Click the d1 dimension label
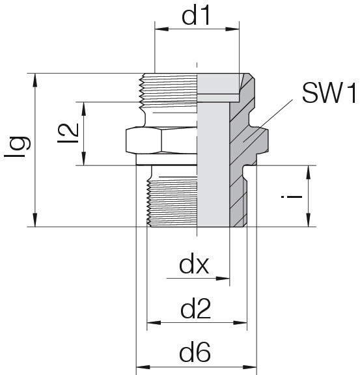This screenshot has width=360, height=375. tap(196, 16)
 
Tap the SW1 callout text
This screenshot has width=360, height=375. tap(329, 92)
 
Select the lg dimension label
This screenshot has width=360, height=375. tap(18, 146)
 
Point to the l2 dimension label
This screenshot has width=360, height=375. tap(68, 133)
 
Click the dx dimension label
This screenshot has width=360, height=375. tap(194, 266)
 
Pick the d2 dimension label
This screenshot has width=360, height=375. tap(195, 309)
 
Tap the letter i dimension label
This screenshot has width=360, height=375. tap(292, 197)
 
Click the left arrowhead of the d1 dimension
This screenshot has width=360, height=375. tap(161, 29)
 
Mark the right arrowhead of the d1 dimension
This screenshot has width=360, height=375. tap(232, 29)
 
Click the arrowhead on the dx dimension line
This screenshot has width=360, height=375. tap(223, 279)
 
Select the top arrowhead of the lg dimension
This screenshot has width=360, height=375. tap(35, 80)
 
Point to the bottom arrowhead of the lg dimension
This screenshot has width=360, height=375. tap(35, 219)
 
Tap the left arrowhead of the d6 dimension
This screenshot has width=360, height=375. tap(143, 367)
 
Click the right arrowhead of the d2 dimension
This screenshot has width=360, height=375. tap(240, 323)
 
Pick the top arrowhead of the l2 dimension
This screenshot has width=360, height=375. tap(84, 109)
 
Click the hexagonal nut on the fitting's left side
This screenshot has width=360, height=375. tap(143, 141)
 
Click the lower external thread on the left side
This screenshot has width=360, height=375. tap(173, 204)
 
